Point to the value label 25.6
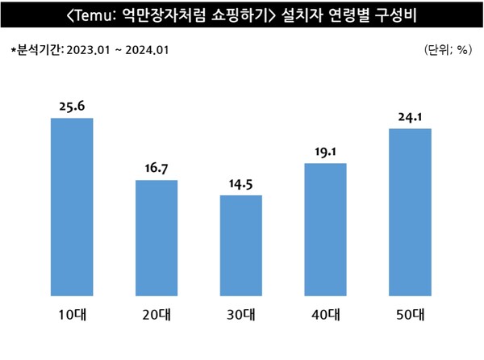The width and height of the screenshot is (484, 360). coord(72,106)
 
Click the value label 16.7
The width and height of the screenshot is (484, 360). coord(156,168)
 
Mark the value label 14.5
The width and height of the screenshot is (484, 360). coord(240,183)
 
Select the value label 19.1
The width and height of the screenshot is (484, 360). coord(325,151)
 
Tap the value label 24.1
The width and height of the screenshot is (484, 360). coord(410,115)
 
